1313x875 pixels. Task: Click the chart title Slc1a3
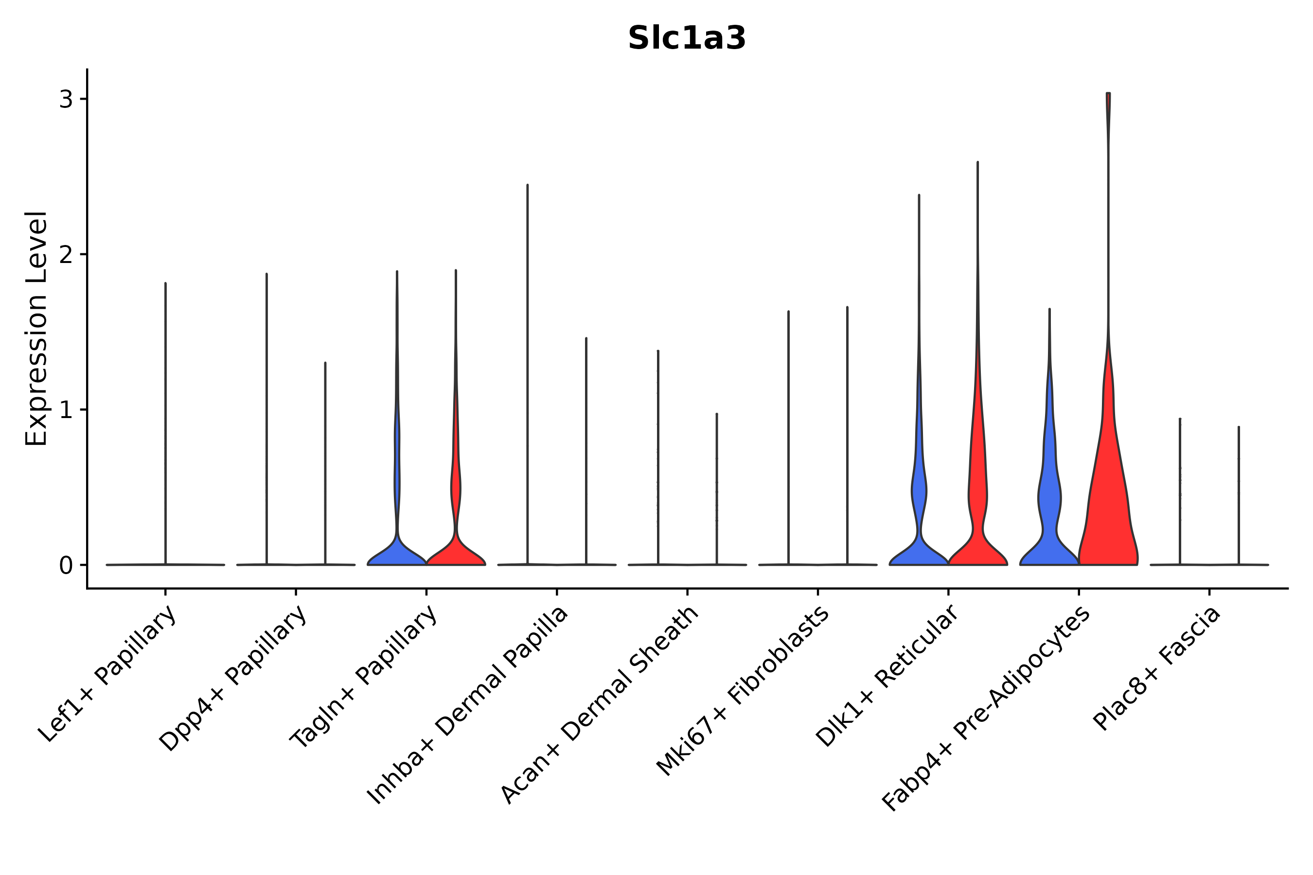[686, 38]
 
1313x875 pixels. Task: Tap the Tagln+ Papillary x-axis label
[364, 678]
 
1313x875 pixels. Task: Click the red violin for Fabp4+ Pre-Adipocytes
[1108, 502]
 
